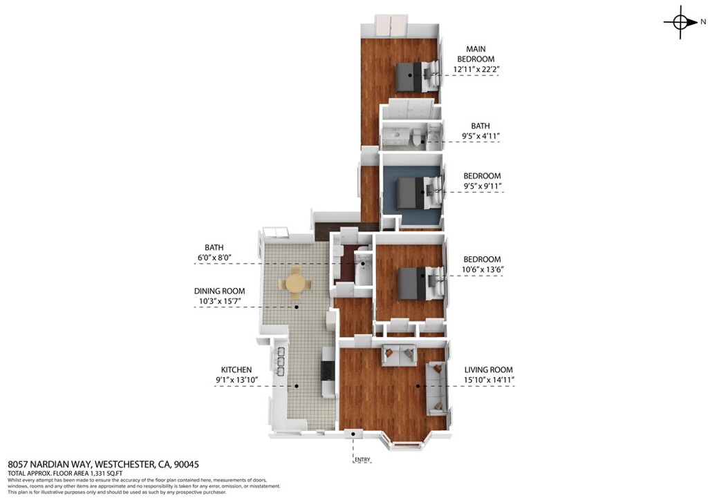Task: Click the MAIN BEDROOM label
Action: point(476,54)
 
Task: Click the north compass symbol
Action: point(680,21)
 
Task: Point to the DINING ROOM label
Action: point(219,291)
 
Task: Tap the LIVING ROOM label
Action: point(489,369)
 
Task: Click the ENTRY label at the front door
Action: point(362,460)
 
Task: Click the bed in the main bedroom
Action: point(416,75)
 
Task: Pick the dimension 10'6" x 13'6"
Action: point(482,269)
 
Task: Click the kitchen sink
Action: point(281,361)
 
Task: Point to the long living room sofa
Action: point(436,389)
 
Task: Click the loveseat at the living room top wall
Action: point(399,356)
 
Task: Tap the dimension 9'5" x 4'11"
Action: point(480,136)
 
